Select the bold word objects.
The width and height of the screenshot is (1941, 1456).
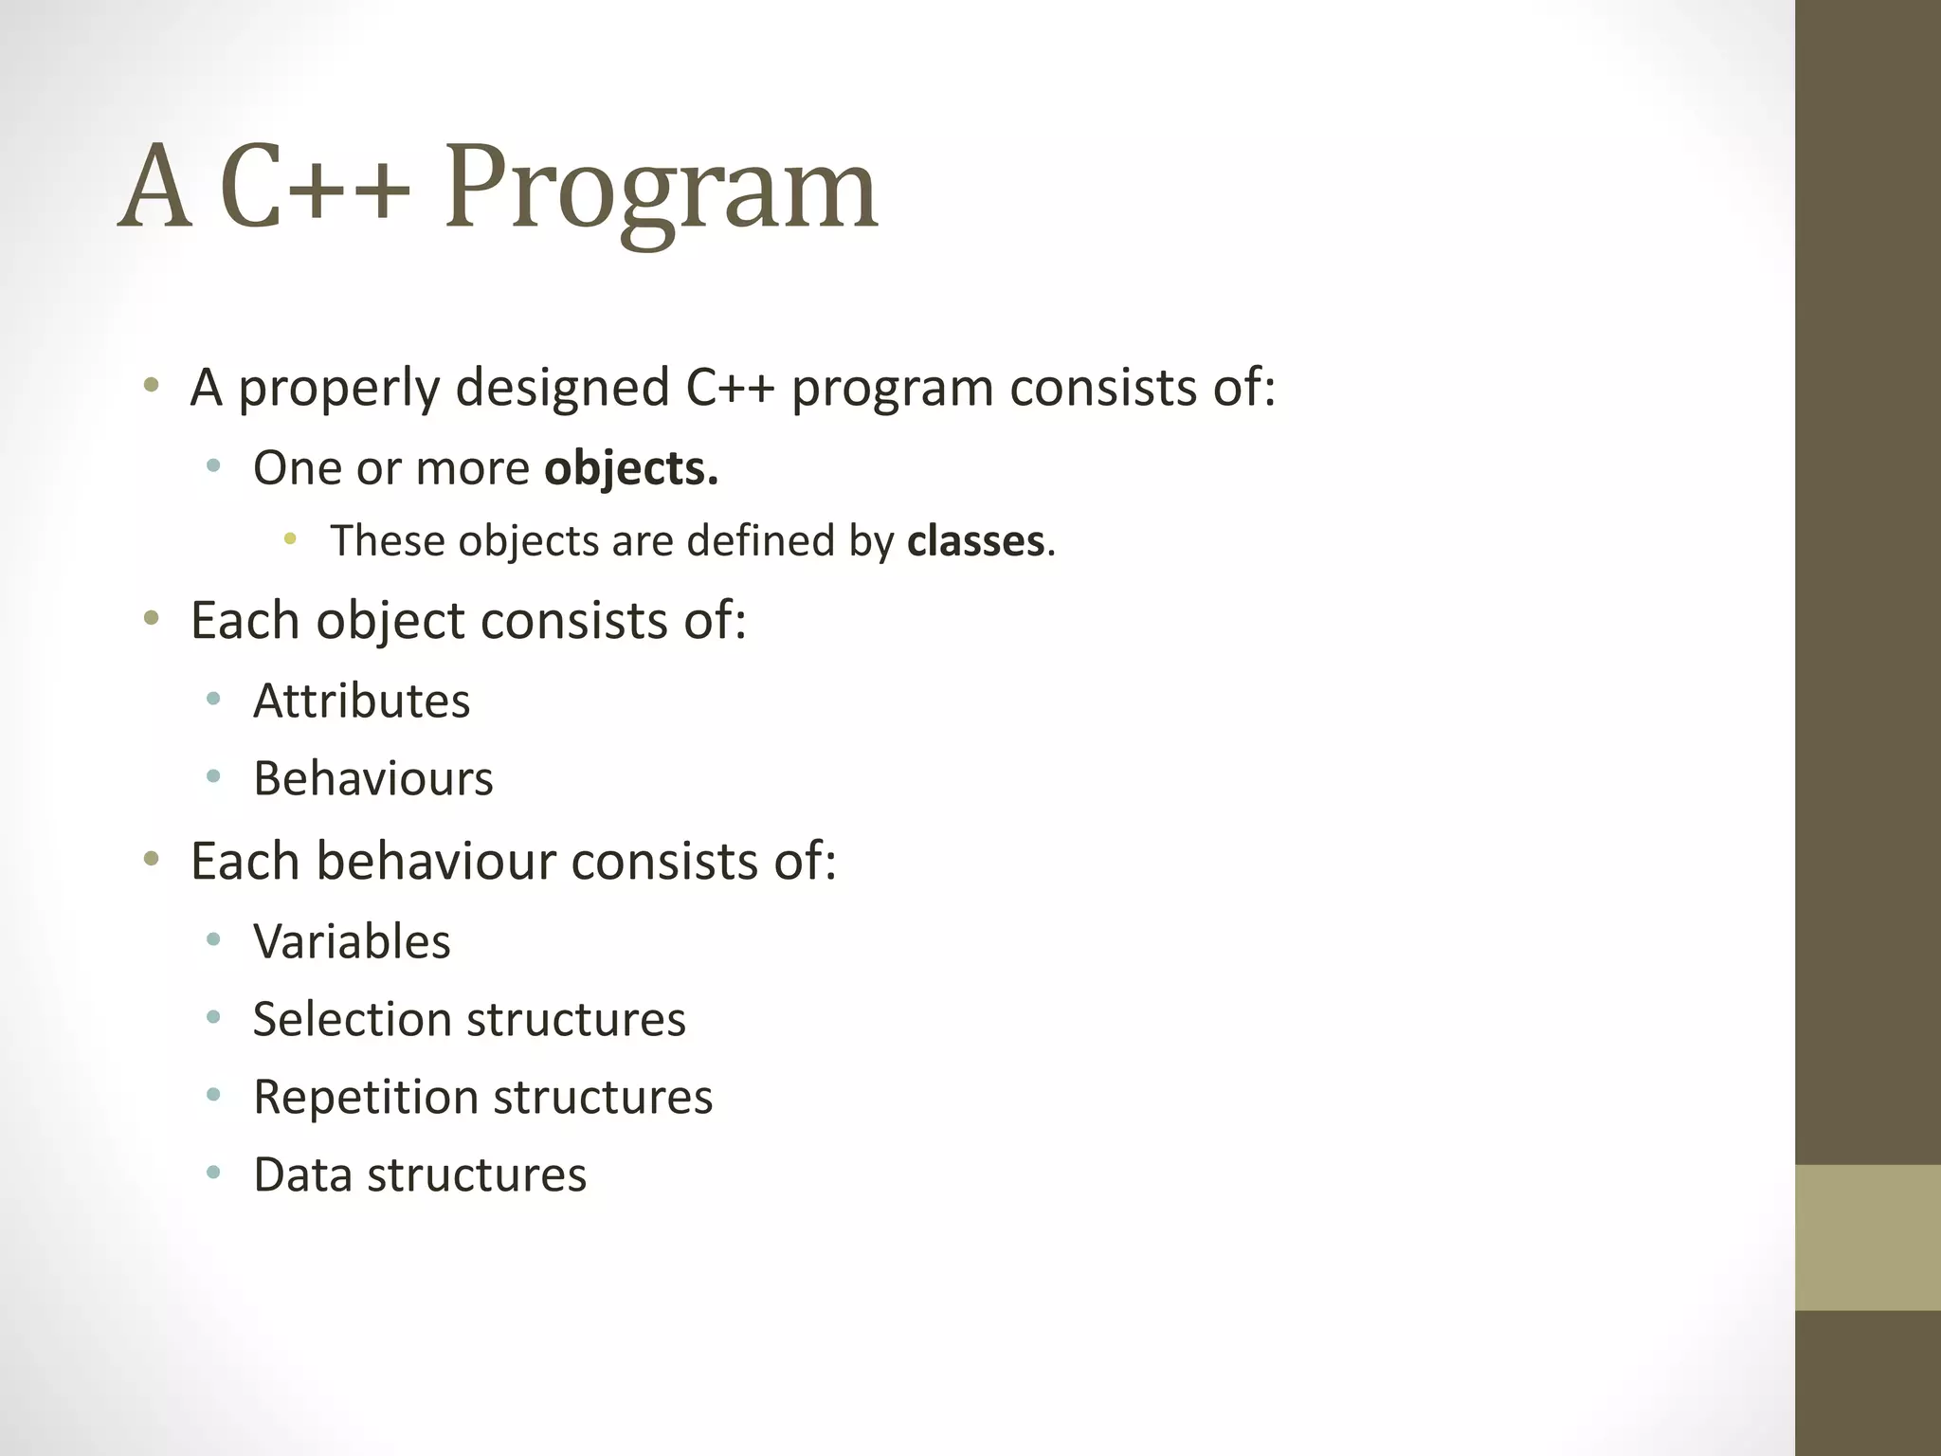pos(631,468)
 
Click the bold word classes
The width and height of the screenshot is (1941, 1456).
pos(975,541)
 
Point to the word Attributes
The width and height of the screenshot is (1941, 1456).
pos(361,701)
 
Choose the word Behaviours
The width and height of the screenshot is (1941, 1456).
pos(372,779)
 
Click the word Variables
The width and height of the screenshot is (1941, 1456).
pos(352,942)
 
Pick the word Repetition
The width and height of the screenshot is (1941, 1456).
pos(365,1098)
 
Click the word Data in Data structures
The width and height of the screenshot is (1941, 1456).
pos(302,1175)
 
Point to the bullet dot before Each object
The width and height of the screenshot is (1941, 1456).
pos(151,620)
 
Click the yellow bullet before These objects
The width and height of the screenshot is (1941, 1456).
pos(290,539)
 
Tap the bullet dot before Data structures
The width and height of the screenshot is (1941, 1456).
pos(213,1174)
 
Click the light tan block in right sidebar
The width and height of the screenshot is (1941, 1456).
pos(1867,1237)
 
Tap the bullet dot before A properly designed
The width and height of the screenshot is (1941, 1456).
pos(151,386)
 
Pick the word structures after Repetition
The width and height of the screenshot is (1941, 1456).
pos(603,1098)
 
